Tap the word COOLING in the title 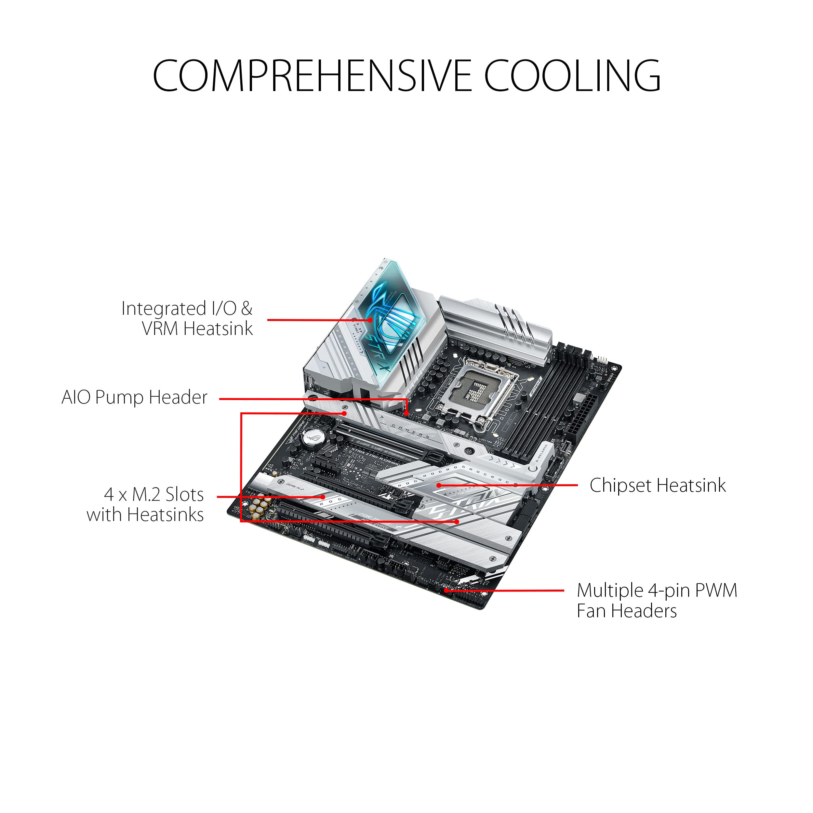[572, 76]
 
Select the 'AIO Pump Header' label [135, 397]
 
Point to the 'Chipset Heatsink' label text [657, 485]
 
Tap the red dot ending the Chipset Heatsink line [438, 485]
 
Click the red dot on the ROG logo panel [370, 320]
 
